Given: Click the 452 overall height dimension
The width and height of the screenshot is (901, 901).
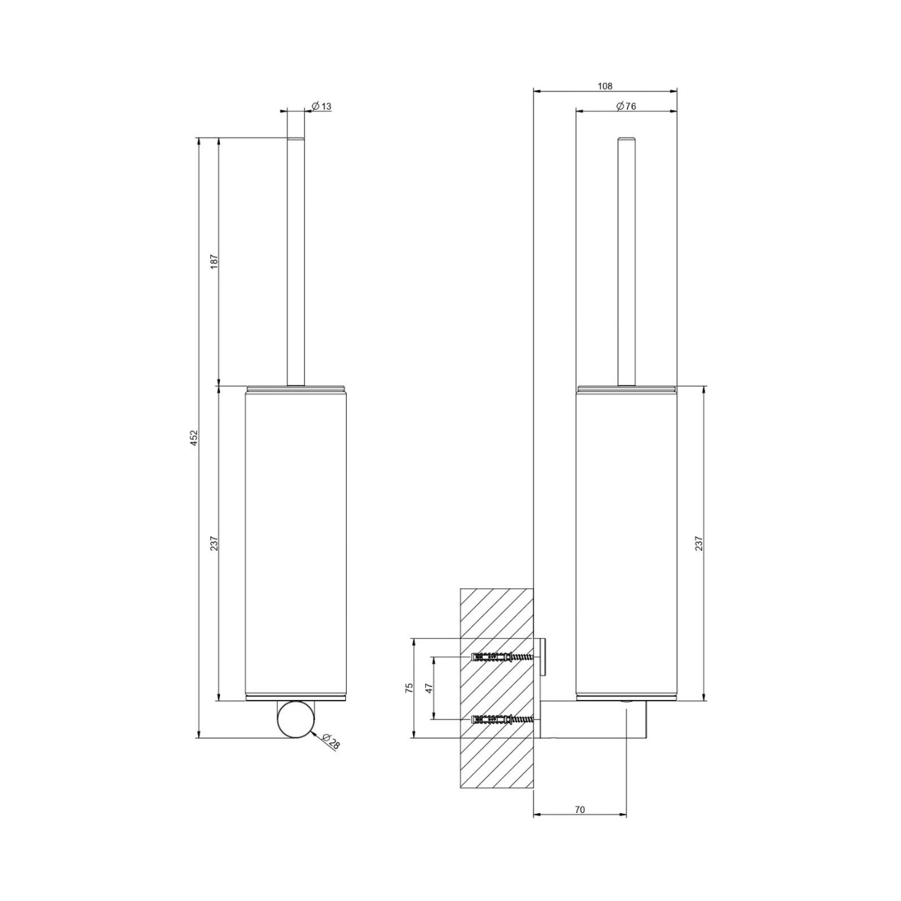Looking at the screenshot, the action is click(x=195, y=438).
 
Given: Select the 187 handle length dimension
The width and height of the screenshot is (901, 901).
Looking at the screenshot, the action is click(x=215, y=262).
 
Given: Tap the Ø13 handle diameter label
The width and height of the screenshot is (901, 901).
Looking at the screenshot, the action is click(x=321, y=107).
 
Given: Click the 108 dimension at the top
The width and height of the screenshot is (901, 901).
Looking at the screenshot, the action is click(x=605, y=86).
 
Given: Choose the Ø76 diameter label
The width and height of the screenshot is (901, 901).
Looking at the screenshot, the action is click(x=626, y=106).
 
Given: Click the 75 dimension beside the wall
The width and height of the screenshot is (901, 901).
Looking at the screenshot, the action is click(x=409, y=688).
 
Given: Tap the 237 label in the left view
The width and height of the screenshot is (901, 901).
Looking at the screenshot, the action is click(x=215, y=543).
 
